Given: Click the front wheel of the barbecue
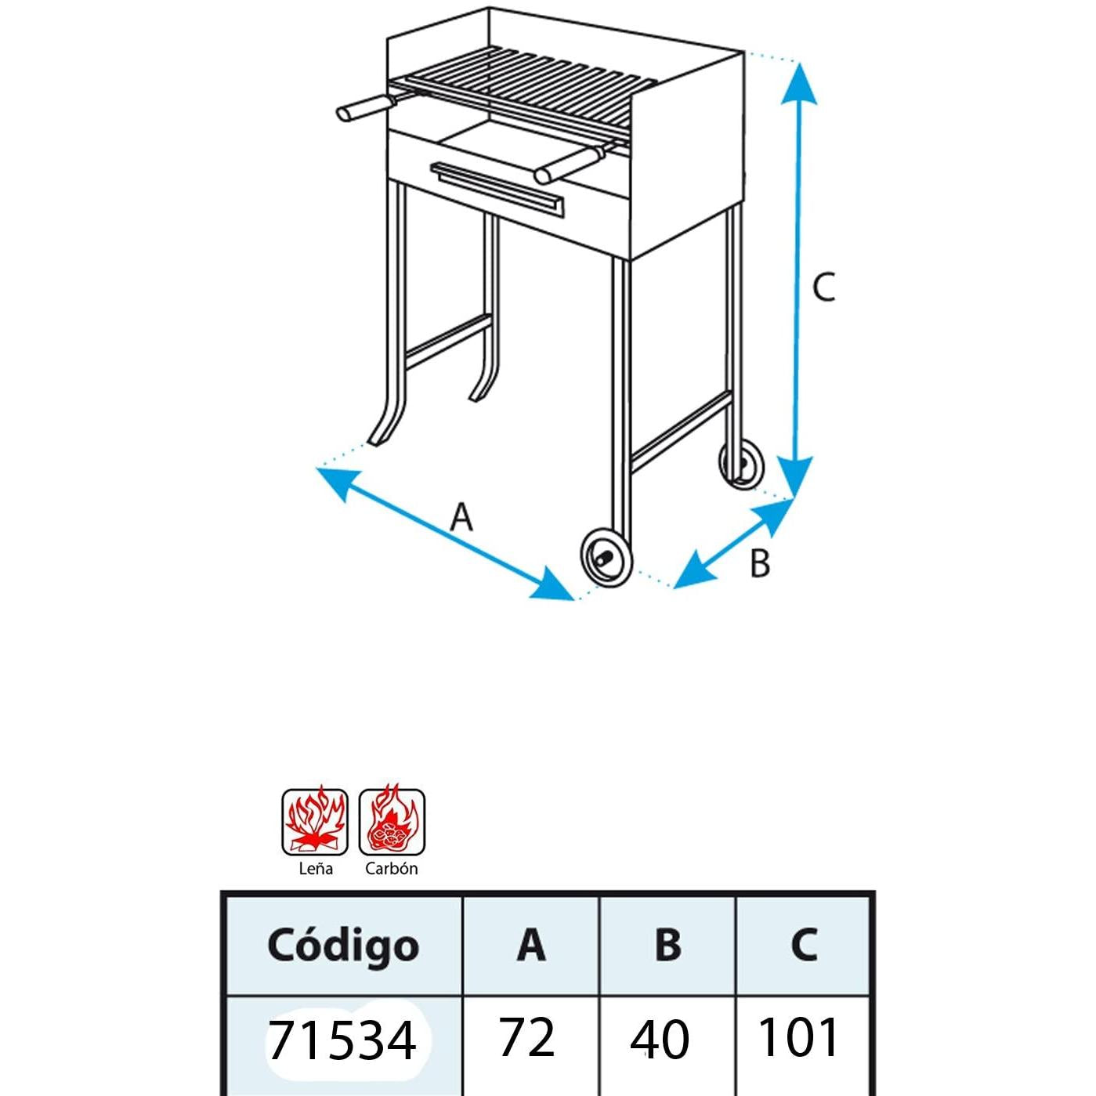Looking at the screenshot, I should click(606, 556).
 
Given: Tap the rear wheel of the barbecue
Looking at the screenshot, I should click(741, 464).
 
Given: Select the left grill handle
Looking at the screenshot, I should click(366, 108).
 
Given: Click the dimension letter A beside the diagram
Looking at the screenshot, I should click(461, 518).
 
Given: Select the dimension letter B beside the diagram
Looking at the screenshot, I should click(759, 563).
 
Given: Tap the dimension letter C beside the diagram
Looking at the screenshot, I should click(823, 288).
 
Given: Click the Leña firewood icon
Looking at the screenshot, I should click(315, 822).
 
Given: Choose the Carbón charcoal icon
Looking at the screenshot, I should click(392, 822).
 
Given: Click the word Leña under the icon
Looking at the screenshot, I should click(316, 869).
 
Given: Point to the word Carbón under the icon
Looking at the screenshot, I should click(391, 869).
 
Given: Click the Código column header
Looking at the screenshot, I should click(343, 945).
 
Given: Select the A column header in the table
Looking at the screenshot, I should click(530, 945).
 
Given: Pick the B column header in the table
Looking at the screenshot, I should click(667, 945).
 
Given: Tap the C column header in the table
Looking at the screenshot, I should click(803, 945).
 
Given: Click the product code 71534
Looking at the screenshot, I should click(342, 1040).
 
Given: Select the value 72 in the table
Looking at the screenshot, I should click(526, 1038).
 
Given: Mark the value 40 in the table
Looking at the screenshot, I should click(660, 1040).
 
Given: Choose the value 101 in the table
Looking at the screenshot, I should click(798, 1038).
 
